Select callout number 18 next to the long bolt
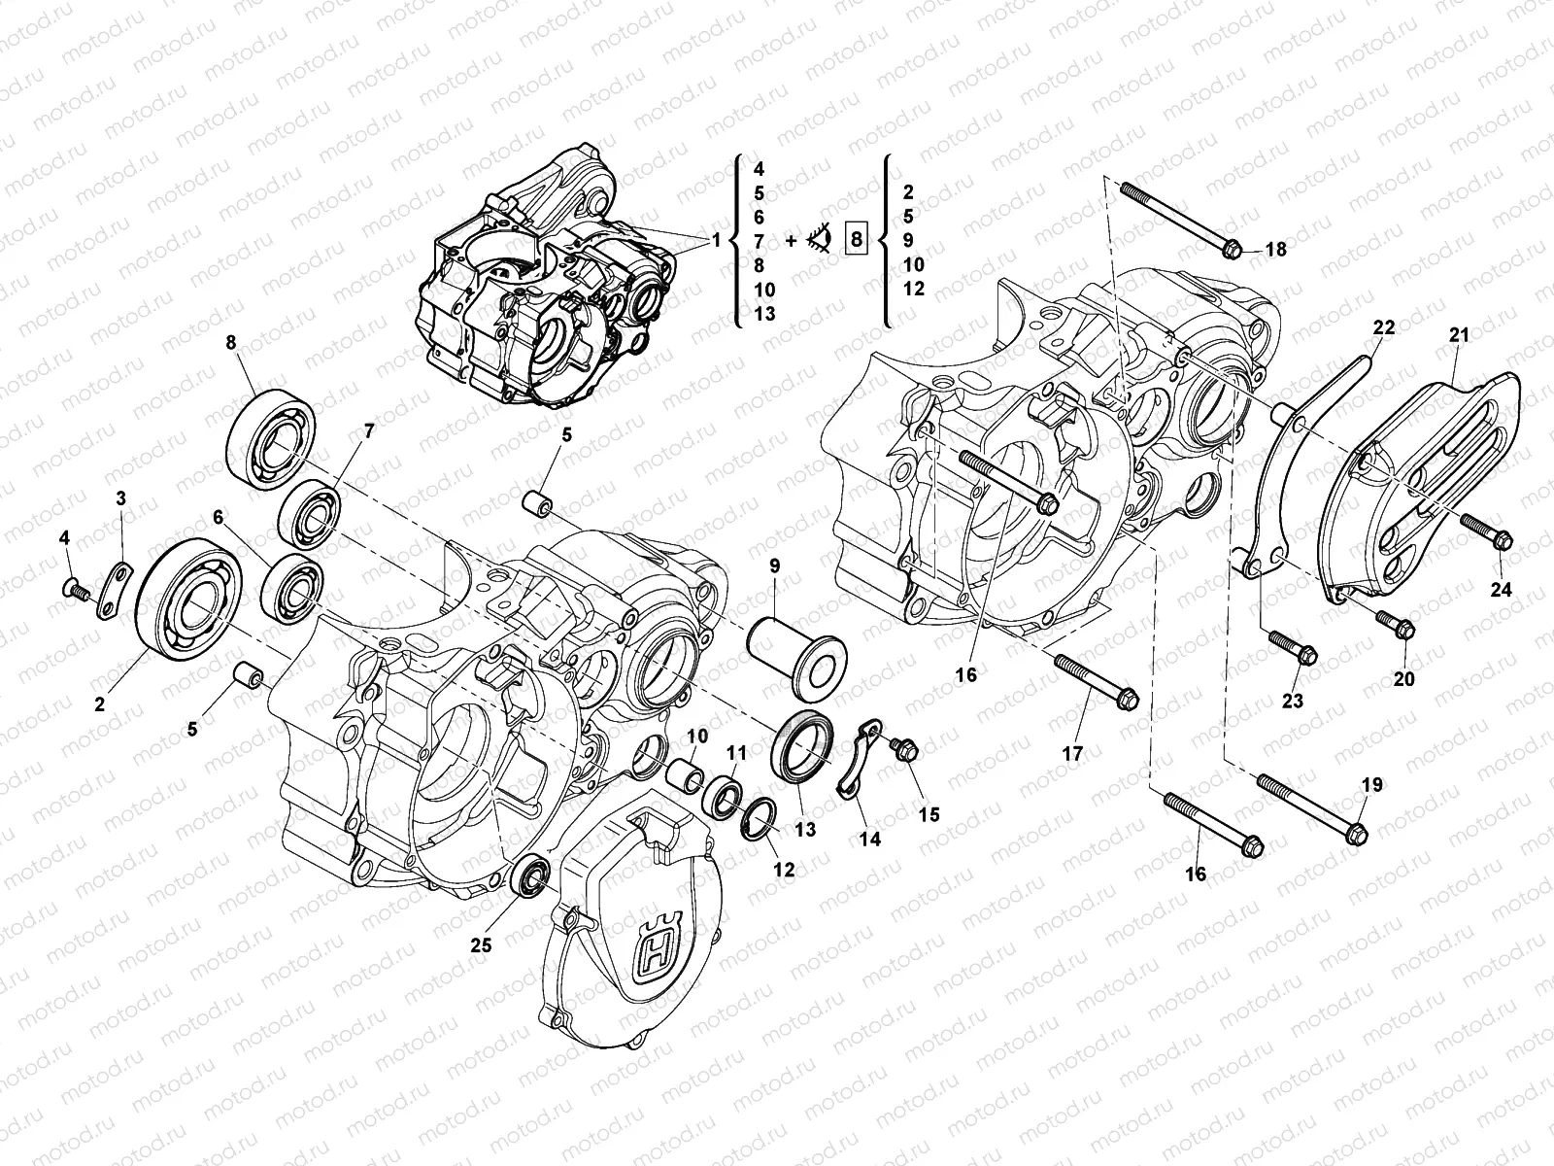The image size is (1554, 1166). (x=1275, y=250)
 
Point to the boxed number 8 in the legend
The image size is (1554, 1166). (x=856, y=238)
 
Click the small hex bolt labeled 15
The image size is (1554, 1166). (x=909, y=751)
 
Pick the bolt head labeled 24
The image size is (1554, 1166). (x=1499, y=537)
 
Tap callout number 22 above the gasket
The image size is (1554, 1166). (x=1383, y=328)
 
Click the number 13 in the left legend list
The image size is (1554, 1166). (x=763, y=314)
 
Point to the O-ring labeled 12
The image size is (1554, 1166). (x=760, y=819)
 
